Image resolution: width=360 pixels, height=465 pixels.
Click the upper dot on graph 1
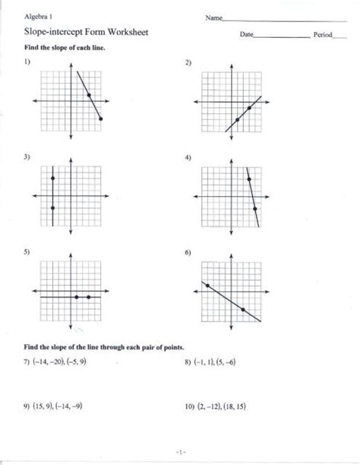pos(90,95)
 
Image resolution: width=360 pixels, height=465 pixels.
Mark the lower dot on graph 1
pos(102,119)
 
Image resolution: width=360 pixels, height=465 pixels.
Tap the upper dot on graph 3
pos(52,178)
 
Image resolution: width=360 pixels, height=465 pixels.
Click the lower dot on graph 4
pos(255,208)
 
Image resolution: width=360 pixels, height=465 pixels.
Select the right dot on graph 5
pos(90,297)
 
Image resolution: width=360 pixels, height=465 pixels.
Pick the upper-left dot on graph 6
pos(207,284)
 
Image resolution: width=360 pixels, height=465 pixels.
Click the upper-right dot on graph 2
pos(250,108)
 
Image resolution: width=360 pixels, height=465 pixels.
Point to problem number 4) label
pos(188,157)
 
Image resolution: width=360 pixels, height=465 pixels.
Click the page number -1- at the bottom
pos(179,452)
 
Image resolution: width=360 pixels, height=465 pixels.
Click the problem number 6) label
pos(188,251)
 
